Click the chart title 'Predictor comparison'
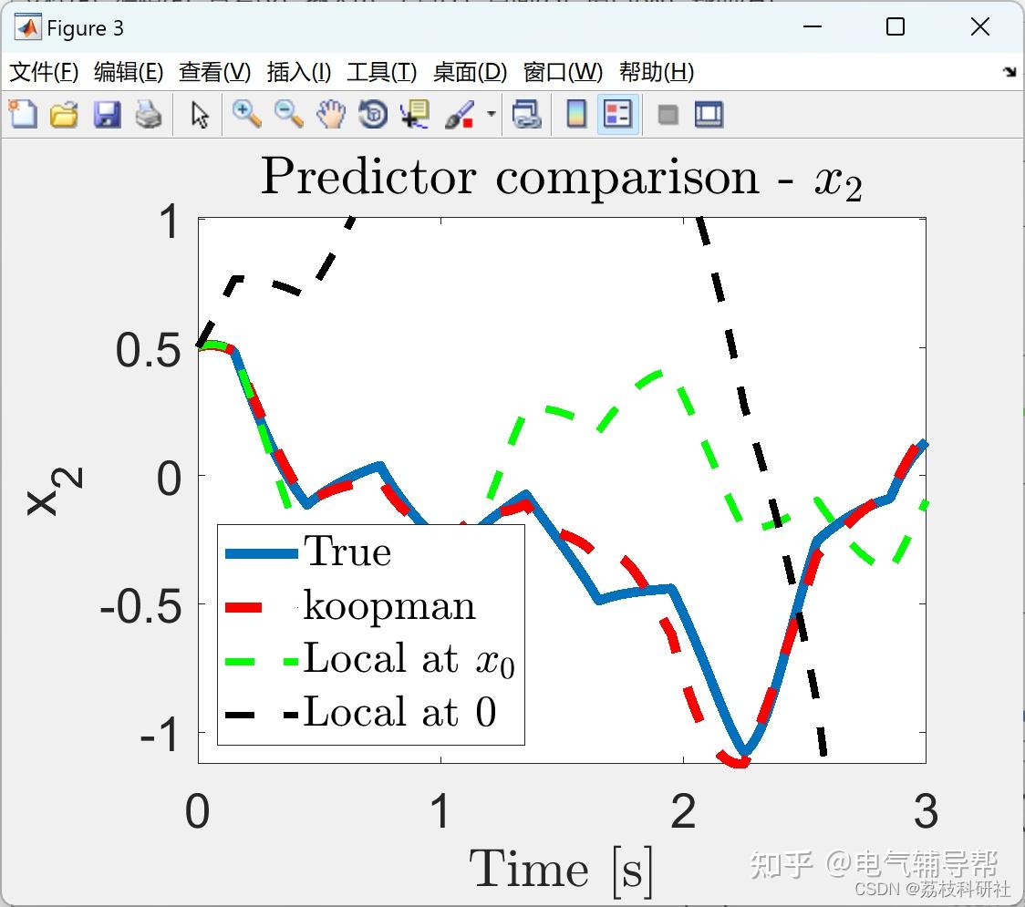click(x=510, y=177)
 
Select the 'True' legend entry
click(x=308, y=552)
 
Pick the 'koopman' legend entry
click(x=350, y=606)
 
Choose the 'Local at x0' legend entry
click(x=370, y=660)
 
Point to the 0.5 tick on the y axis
click(x=149, y=350)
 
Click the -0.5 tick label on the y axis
click(x=140, y=606)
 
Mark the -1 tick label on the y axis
click(x=160, y=735)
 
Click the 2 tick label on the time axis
click(x=684, y=811)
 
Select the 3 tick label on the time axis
click(x=927, y=811)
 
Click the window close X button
click(x=980, y=26)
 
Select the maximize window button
click(x=896, y=26)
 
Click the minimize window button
click(x=813, y=26)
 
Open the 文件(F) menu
click(x=44, y=72)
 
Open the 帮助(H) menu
click(x=657, y=72)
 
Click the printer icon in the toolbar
click(x=149, y=115)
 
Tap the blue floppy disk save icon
click(x=107, y=115)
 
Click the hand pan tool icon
click(x=331, y=115)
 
